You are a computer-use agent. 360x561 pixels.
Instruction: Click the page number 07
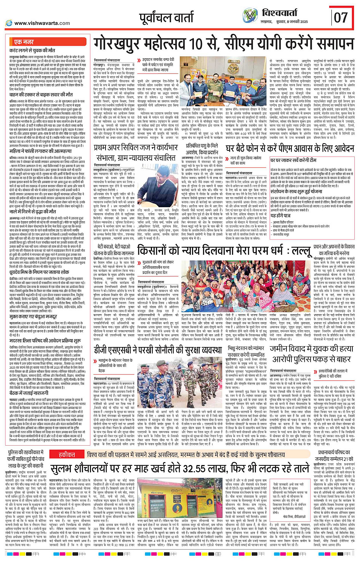[x=341, y=17]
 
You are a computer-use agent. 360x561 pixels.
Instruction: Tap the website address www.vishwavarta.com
[x=40, y=23]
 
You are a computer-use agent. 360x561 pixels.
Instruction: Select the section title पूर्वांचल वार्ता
[x=166, y=18]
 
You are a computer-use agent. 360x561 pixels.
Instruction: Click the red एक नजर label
[x=24, y=42]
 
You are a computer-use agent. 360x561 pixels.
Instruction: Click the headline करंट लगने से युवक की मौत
[x=32, y=50]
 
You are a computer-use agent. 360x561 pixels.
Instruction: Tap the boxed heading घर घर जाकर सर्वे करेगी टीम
[x=293, y=160]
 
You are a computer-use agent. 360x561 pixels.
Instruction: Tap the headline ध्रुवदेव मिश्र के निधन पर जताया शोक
[x=39, y=272]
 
